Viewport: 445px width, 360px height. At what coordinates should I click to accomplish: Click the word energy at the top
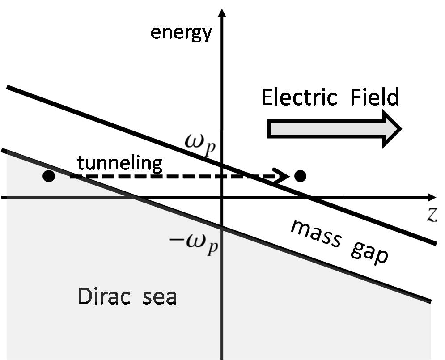(181, 33)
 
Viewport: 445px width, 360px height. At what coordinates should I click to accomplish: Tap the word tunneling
(119, 163)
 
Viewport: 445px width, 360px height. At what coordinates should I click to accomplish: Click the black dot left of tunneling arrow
(48, 176)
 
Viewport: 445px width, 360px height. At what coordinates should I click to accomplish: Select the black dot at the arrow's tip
(301, 176)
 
